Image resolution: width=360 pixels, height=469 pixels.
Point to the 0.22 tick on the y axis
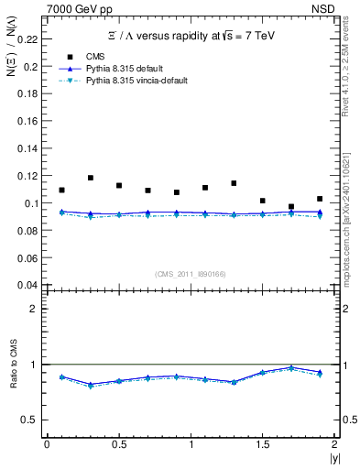pyautogui.click(x=28, y=39)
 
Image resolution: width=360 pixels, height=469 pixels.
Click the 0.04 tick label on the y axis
pyautogui.click(x=28, y=284)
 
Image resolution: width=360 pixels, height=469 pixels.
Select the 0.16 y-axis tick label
pyautogui.click(x=28, y=121)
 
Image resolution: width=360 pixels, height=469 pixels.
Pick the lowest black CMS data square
pyautogui.click(x=291, y=207)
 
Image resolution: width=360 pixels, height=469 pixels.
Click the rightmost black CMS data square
pyautogui.click(x=320, y=199)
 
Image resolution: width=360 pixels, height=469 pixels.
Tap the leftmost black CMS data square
pyautogui.click(x=61, y=191)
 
